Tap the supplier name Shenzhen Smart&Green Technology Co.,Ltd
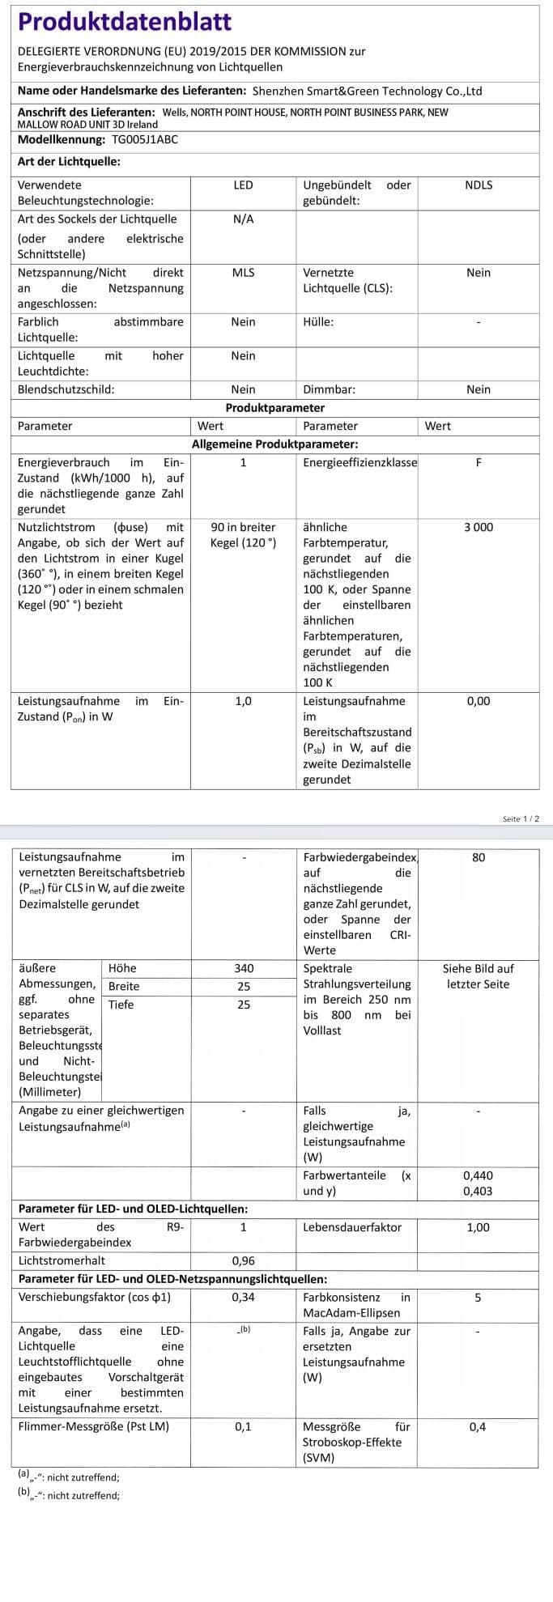pyautogui.click(x=367, y=91)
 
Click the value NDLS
pyautogui.click(x=479, y=185)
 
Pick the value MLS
pyautogui.click(x=243, y=273)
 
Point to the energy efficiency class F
pyautogui.click(x=479, y=463)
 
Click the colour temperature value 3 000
pyautogui.click(x=479, y=527)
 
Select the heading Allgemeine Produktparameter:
pyautogui.click(x=274, y=444)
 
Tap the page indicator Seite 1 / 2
pyautogui.click(x=520, y=819)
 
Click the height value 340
pyautogui.click(x=244, y=968)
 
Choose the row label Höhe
pyautogui.click(x=122, y=968)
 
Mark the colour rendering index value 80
pyautogui.click(x=479, y=857)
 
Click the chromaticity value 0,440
pyautogui.click(x=478, y=1175)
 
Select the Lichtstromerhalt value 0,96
pyautogui.click(x=244, y=1260)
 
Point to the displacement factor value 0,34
pyautogui.click(x=244, y=1297)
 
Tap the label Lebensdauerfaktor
pyautogui.click(x=352, y=1227)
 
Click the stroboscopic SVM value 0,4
pyautogui.click(x=478, y=1426)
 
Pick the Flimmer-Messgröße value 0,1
pyautogui.click(x=244, y=1426)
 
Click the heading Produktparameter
pyautogui.click(x=274, y=408)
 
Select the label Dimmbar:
pyautogui.click(x=329, y=389)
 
